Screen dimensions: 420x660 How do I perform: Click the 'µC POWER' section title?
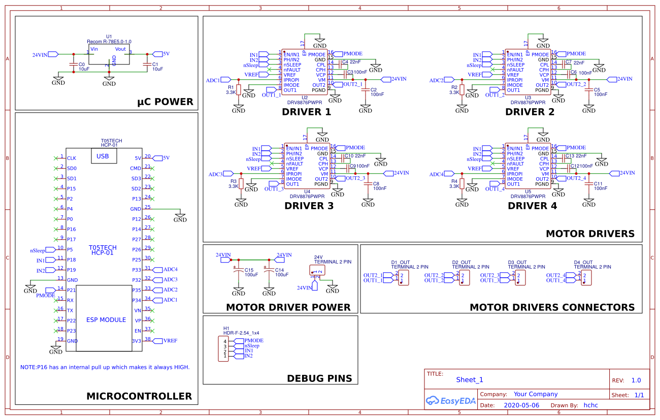[165, 102]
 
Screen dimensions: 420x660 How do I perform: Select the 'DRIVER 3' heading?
[309, 206]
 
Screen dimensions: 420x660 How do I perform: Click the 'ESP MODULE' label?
[106, 320]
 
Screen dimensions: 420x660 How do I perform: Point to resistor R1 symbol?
[239, 90]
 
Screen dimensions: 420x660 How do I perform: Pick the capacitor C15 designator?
[249, 270]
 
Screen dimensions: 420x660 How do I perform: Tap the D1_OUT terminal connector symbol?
[404, 278]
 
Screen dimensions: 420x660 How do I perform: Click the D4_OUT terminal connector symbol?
[586, 278]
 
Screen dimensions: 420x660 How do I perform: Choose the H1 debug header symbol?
[224, 348]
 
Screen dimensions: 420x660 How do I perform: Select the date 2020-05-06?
[521, 405]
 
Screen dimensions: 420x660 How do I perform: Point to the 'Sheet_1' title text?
[469, 380]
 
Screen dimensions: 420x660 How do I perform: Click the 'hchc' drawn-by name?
[590, 405]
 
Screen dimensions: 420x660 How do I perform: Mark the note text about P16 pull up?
[105, 367]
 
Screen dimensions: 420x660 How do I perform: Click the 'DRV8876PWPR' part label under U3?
[528, 102]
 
